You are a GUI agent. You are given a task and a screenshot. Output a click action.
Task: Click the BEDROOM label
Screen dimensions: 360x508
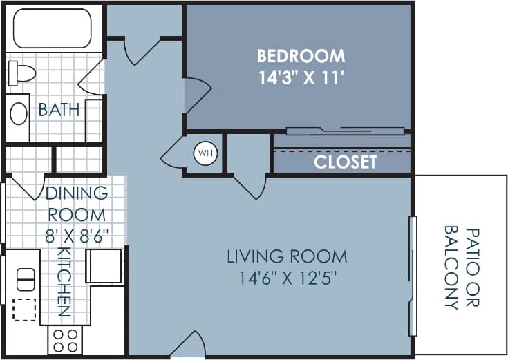tap(301, 55)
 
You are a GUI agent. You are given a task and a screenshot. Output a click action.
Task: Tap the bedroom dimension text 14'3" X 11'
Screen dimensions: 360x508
tap(301, 77)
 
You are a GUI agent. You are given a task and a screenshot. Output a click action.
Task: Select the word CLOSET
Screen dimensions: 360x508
tap(345, 162)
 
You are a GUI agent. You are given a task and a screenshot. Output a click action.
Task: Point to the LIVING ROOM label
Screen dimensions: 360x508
tap(287, 257)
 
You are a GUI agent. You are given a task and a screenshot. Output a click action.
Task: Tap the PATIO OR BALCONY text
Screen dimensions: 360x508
tap(462, 267)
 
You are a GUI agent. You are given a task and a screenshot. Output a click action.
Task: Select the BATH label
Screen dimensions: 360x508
tap(59, 110)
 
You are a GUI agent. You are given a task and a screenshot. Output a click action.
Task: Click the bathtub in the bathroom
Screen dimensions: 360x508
tap(53, 28)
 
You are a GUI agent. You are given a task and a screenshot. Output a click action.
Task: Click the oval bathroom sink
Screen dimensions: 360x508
tap(19, 113)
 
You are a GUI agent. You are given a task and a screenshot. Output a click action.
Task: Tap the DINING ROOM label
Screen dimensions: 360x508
tap(76, 204)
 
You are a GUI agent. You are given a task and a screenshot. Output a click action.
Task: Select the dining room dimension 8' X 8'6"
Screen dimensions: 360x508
tap(77, 234)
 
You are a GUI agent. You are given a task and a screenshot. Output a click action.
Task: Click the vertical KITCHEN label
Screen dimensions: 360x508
tap(64, 282)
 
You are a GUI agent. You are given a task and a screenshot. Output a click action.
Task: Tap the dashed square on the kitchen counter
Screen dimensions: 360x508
tap(25, 310)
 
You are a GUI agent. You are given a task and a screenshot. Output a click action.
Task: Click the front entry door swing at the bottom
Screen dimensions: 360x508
tap(188, 345)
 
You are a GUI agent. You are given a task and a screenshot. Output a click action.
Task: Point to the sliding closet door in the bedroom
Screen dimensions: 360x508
tap(345, 131)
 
